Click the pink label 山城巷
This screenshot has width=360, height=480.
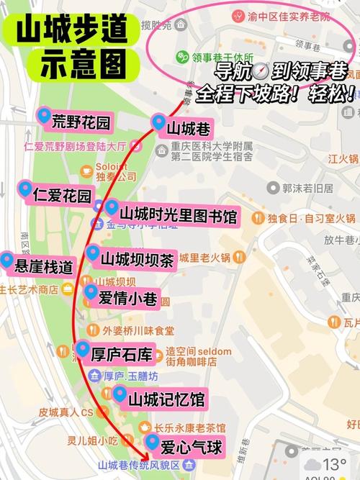[188, 129]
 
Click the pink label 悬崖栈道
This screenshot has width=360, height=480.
[44, 266]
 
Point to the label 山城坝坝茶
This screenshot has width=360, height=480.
[137, 260]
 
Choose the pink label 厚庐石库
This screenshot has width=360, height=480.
[122, 353]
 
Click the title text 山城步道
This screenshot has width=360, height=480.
[71, 30]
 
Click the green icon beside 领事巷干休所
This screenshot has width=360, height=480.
[181, 57]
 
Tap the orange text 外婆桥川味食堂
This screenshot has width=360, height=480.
[138, 331]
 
